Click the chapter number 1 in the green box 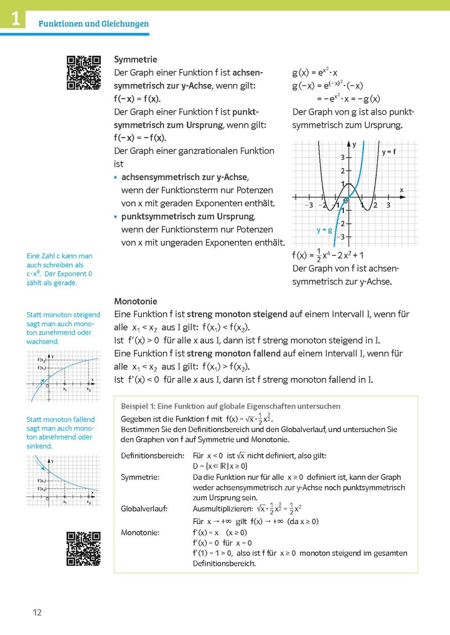click(14, 19)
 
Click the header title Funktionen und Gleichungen click(93, 24)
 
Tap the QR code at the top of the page click(83, 73)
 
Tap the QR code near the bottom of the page click(83, 548)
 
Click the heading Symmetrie click(136, 59)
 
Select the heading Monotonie click(136, 301)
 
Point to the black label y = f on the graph click(389, 151)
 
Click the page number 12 click(37, 613)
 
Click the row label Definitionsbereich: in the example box click(152, 456)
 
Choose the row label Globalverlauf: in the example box click(144, 509)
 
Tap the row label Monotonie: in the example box click(141, 532)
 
